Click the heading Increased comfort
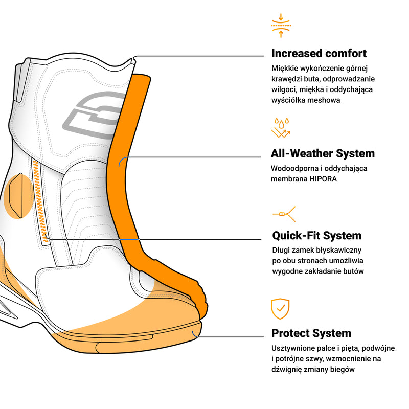tap(319, 53)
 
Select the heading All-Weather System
tap(323, 153)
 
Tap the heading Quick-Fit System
tap(316, 236)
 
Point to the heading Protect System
tap(311, 333)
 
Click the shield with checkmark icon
tap(280, 308)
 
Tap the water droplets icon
tap(281, 128)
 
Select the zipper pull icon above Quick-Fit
tap(284, 213)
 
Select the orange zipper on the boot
tap(39, 199)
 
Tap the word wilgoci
tap(284, 89)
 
